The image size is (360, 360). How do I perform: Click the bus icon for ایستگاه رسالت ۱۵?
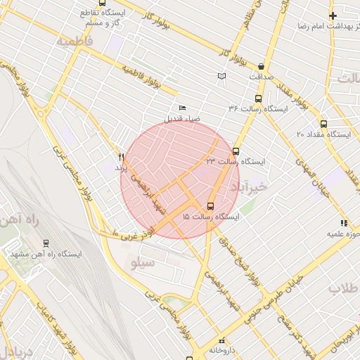click(210, 206)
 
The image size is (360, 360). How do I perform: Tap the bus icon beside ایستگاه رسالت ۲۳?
click(236, 150)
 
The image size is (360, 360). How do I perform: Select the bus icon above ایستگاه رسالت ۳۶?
click(258, 99)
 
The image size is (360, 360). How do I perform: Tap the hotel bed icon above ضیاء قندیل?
click(183, 108)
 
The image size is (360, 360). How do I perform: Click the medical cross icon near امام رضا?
click(333, 15)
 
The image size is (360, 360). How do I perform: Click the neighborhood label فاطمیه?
click(75, 41)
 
